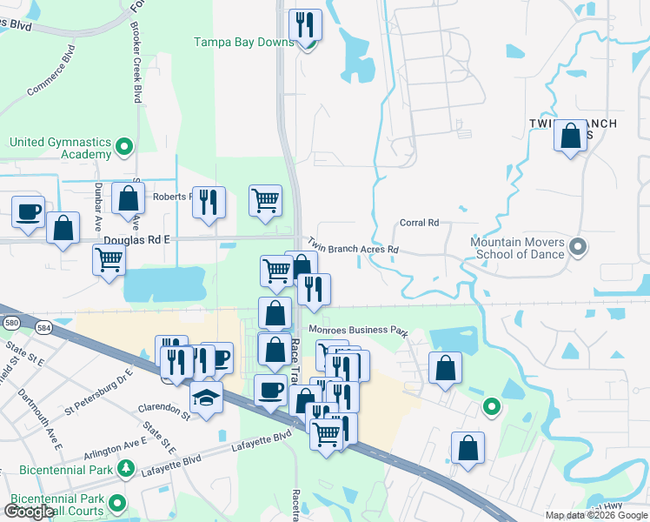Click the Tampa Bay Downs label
coord(242,42)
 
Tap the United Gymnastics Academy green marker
coord(124,146)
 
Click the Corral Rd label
coord(419,223)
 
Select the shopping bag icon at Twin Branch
coord(570,137)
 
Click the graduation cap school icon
coord(206,398)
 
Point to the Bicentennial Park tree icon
coord(125,470)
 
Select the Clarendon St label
coord(162,407)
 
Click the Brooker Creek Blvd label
coord(136,70)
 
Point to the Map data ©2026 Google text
coord(595,515)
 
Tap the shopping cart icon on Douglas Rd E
coord(109,258)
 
